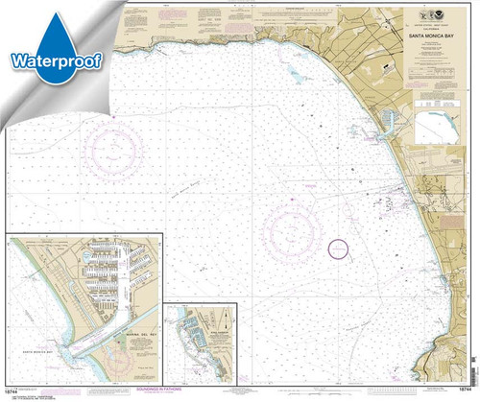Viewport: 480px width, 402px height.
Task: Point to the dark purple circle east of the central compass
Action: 339,248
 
